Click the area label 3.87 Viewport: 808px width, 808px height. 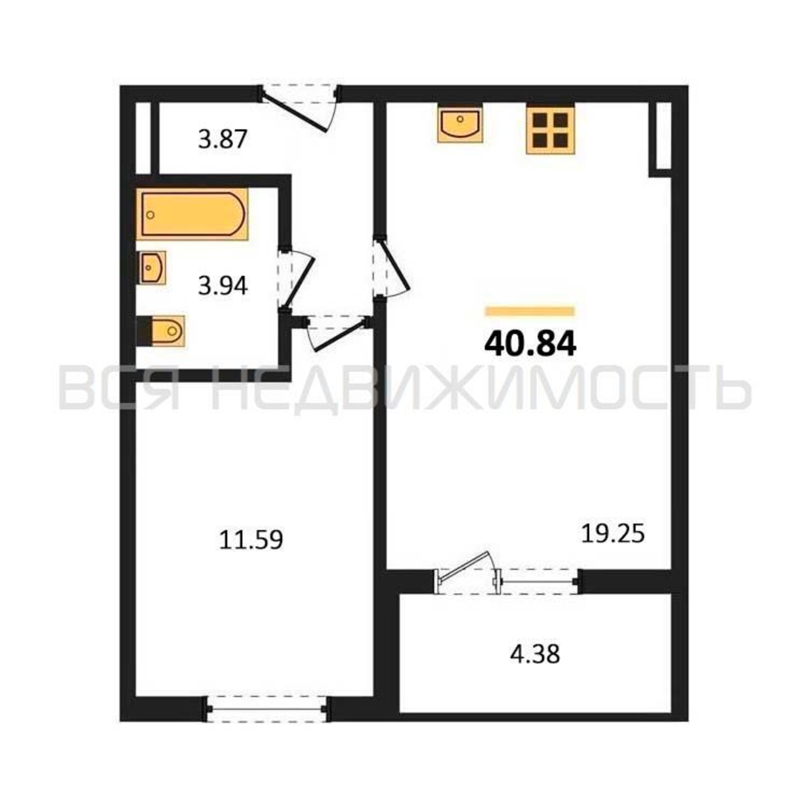pyautogui.click(x=223, y=139)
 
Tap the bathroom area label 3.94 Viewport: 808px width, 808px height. pyautogui.click(x=223, y=286)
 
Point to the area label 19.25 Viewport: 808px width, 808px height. pyautogui.click(x=613, y=534)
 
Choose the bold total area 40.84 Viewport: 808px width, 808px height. pyautogui.click(x=530, y=345)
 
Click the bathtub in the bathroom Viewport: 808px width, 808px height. pyautogui.click(x=192, y=214)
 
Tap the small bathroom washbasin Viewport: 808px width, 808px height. pyautogui.click(x=151, y=268)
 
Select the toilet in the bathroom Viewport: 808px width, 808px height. pyautogui.click(x=161, y=331)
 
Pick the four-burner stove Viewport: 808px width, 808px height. pyautogui.click(x=550, y=128)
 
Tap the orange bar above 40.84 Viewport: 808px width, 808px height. pyautogui.click(x=530, y=311)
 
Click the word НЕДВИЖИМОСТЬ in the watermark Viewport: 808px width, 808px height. pyautogui.click(x=481, y=389)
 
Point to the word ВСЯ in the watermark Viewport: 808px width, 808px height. pyautogui.click(x=122, y=389)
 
